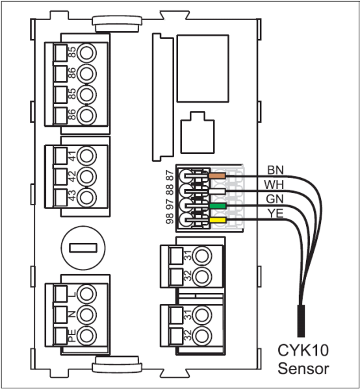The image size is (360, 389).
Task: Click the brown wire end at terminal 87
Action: pos(217,176)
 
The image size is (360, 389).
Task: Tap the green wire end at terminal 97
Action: pos(218,206)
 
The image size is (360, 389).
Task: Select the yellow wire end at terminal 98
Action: pos(218,220)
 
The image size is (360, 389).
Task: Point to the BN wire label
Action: pos(276,170)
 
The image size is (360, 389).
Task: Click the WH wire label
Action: pos(274,185)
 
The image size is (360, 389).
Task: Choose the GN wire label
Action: pos(275,199)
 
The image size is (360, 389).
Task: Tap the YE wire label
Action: pos(276,213)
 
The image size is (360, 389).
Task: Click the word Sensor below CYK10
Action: pos(303,368)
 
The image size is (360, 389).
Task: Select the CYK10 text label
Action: pos(303,350)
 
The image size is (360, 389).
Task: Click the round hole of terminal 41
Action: pos(86,156)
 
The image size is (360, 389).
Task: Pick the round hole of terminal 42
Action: pos(86,177)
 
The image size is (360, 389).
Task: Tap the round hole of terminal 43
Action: pos(86,197)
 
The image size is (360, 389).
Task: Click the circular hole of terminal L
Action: pos(86,294)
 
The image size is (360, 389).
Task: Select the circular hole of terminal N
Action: pos(86,314)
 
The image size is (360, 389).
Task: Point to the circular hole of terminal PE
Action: pos(86,335)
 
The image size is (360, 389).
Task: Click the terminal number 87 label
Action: pos(170,175)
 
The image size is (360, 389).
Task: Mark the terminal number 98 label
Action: pos(170,218)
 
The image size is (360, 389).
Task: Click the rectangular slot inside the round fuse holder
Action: pos(83,248)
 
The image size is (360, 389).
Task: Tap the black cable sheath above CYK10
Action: pos(301,321)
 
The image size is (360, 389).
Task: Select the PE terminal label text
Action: pos(71,336)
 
